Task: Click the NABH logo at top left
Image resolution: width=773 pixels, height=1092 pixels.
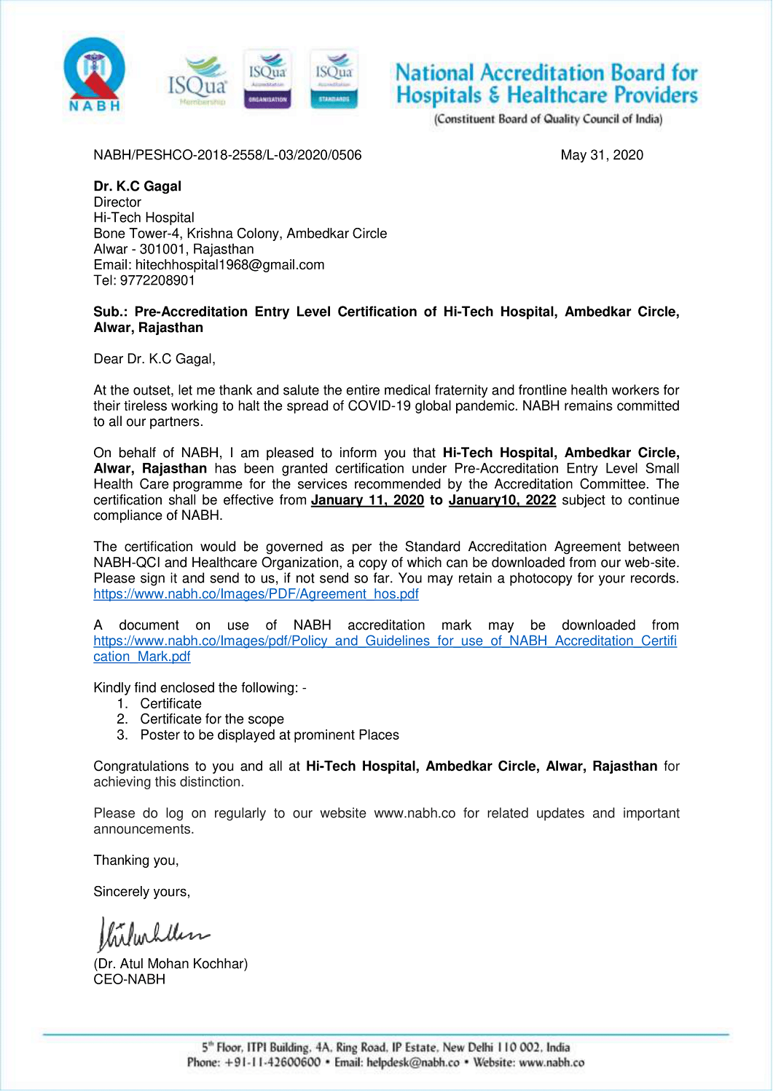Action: (x=95, y=75)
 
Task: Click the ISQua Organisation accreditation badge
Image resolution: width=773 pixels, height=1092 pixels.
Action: (x=267, y=79)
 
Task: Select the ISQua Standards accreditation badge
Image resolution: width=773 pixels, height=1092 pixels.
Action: (x=334, y=79)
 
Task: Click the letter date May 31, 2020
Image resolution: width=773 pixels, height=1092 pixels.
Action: (x=602, y=155)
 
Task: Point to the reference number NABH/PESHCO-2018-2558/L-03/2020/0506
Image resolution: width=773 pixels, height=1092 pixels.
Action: (x=227, y=155)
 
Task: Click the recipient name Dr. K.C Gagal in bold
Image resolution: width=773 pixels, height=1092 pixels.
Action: (x=137, y=186)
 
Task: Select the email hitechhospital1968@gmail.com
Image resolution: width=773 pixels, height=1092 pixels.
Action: (x=229, y=265)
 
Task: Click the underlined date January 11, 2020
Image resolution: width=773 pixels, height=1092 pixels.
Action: (x=367, y=500)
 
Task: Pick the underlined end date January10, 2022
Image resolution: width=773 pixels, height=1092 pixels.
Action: (x=502, y=500)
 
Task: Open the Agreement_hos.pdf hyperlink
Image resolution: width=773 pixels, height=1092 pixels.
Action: (x=256, y=594)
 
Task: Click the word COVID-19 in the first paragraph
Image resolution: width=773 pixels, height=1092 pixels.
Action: (x=380, y=406)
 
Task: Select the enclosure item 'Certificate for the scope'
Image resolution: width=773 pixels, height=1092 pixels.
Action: (x=212, y=719)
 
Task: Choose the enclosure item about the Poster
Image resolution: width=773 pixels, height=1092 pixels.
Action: (x=270, y=735)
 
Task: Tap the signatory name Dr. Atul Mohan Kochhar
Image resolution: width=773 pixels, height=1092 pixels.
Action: (x=170, y=964)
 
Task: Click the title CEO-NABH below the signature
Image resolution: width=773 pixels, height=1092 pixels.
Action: (x=129, y=980)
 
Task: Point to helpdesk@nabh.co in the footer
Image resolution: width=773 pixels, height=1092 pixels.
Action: (x=412, y=1063)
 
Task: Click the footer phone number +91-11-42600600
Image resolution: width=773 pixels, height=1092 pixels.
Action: (x=272, y=1063)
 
